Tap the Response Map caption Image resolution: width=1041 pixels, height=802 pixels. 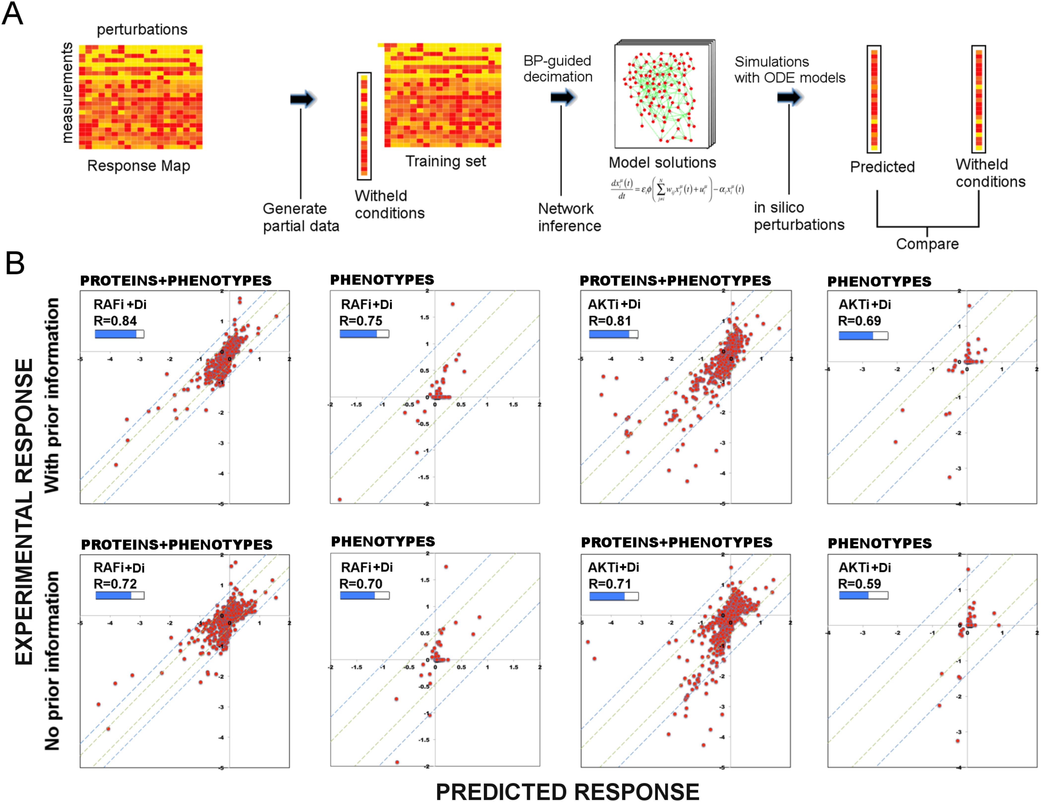click(x=139, y=166)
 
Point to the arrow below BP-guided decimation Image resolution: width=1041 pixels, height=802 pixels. click(x=563, y=97)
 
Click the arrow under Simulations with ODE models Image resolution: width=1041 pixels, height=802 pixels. click(x=790, y=97)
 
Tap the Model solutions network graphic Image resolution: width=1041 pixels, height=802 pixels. click(x=663, y=95)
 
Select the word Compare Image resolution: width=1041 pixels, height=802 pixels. click(x=927, y=244)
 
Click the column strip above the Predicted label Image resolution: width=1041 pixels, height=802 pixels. click(x=874, y=99)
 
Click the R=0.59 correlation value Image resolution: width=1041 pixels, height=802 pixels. click(x=859, y=584)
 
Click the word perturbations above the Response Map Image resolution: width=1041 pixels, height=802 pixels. click(x=142, y=30)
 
